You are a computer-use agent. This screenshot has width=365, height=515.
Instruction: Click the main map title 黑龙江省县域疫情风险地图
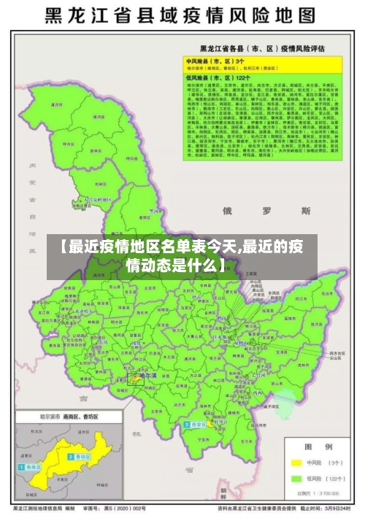(182, 17)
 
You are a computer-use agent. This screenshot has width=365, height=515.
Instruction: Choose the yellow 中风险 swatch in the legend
(297, 462)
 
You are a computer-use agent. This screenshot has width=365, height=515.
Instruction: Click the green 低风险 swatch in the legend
(297, 479)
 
